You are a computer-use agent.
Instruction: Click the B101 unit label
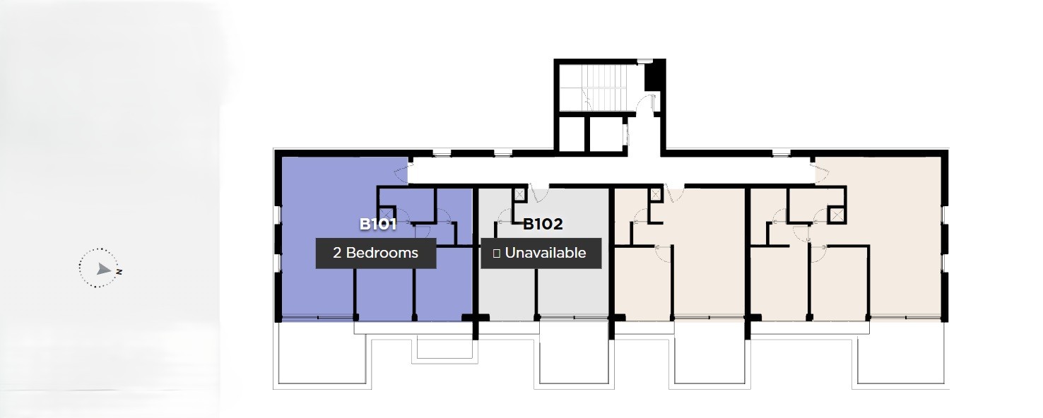[x=377, y=225]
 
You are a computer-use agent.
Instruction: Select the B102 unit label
[x=543, y=225]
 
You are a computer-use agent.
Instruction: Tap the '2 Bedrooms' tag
[x=376, y=253]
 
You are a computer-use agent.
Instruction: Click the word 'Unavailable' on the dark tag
[x=546, y=253]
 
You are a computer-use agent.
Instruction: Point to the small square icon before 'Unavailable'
[x=496, y=253]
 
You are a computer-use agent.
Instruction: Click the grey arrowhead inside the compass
[x=103, y=268]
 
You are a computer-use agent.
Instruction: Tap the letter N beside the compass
[x=119, y=272]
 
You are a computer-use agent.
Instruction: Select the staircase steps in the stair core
[x=608, y=87]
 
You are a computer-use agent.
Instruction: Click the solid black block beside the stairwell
[x=654, y=76]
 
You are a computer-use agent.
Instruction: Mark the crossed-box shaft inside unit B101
[x=386, y=213]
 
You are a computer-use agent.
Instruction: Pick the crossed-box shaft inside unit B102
[x=519, y=195]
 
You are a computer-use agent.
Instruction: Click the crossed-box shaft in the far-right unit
[x=837, y=215]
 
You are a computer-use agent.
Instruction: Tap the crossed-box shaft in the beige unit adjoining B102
[x=656, y=195]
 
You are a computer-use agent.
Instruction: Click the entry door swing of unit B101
[x=401, y=173]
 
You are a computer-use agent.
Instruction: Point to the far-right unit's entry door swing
[x=821, y=173]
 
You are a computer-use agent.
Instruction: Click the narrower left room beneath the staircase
[x=572, y=134]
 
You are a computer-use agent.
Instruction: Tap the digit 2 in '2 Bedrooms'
[x=336, y=253]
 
